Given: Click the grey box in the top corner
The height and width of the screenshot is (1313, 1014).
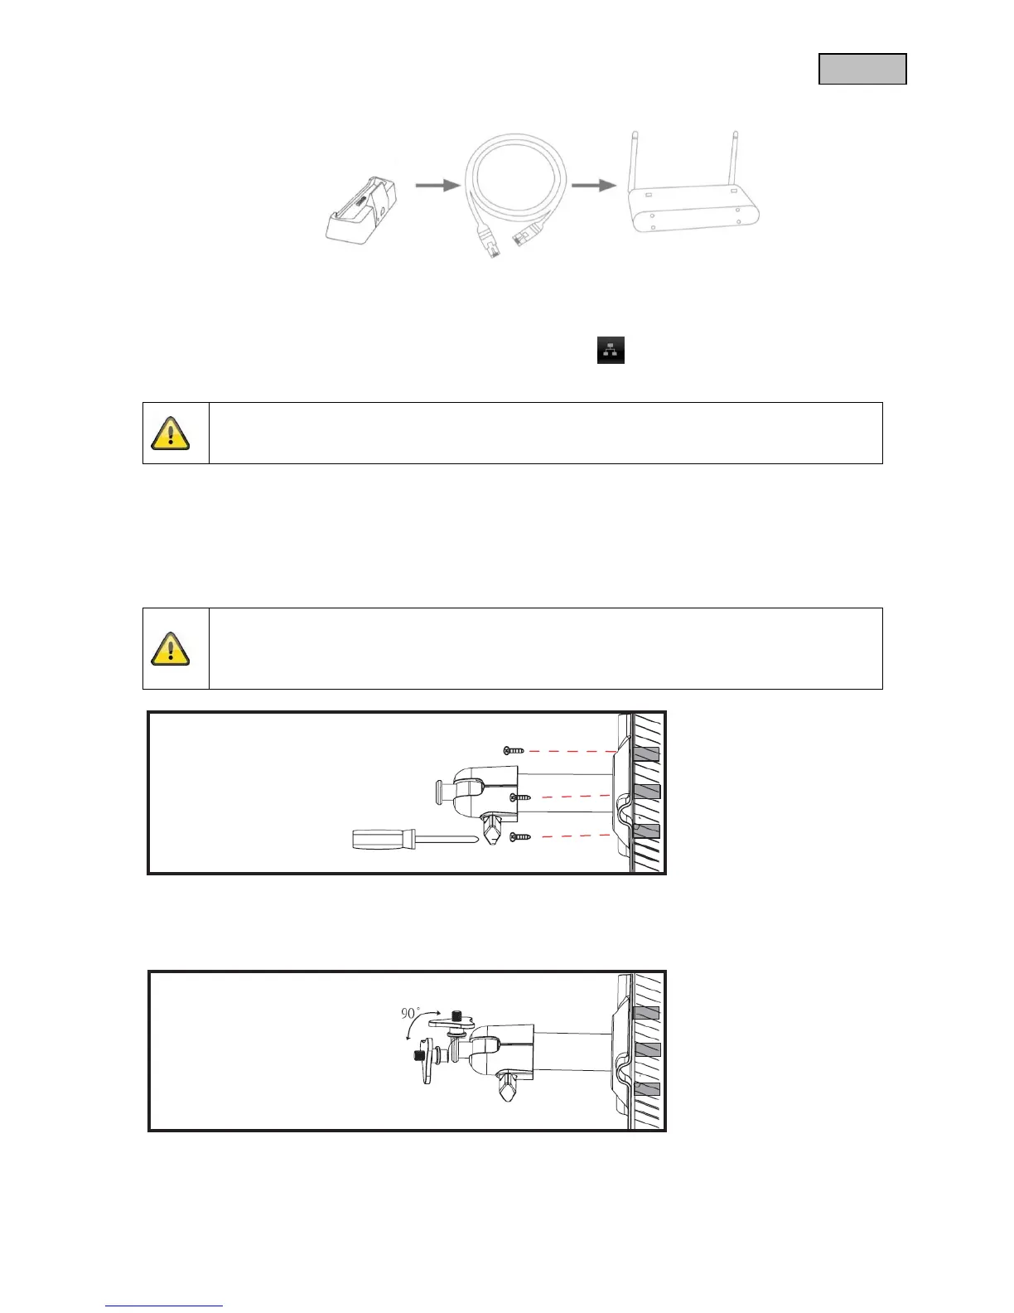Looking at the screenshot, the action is [x=862, y=69].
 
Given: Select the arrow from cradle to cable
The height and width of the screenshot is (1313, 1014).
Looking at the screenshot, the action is [x=437, y=186].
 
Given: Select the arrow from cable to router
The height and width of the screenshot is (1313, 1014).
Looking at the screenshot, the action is [x=594, y=186].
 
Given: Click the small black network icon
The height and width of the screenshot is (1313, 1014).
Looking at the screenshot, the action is [x=611, y=350].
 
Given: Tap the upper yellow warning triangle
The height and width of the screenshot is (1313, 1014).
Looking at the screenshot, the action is [x=171, y=433].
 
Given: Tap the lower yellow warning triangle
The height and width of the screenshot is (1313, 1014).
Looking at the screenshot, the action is [x=171, y=648].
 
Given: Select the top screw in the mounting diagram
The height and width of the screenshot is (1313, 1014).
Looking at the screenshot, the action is [x=514, y=750].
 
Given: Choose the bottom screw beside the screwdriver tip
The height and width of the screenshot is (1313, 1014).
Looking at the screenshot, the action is [x=520, y=837].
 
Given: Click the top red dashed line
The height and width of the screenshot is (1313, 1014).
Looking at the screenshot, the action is [x=571, y=751].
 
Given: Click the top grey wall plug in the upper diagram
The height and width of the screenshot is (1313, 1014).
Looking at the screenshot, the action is [x=647, y=754].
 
